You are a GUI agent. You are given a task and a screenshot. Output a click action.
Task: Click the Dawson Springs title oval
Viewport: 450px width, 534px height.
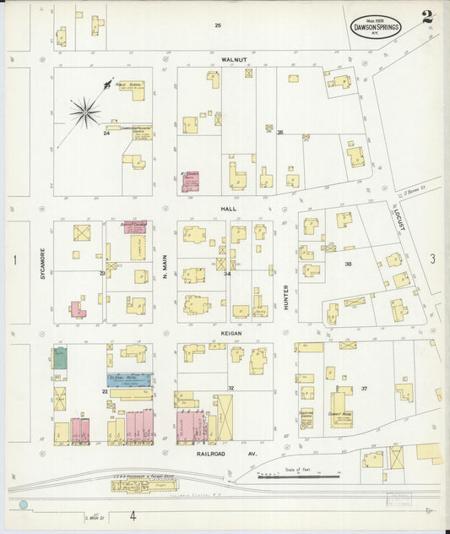(376, 27)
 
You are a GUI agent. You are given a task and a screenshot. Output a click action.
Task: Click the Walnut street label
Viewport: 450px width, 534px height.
(234, 60)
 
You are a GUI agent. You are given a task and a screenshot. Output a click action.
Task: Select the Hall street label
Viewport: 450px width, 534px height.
(229, 208)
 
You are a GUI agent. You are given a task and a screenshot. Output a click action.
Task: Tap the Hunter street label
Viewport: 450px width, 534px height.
(286, 296)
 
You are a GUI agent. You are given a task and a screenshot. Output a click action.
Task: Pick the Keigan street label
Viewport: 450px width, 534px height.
(232, 333)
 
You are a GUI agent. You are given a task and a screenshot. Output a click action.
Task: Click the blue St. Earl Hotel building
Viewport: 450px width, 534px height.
(129, 380)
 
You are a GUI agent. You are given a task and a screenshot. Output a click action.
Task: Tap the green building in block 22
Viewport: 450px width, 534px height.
(60, 357)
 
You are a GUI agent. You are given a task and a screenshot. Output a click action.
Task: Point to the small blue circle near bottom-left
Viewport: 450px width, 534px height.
(24, 504)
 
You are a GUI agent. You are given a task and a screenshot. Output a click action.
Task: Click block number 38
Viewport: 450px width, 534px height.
(347, 264)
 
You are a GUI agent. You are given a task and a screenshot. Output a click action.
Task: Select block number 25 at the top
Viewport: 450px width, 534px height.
(217, 25)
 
